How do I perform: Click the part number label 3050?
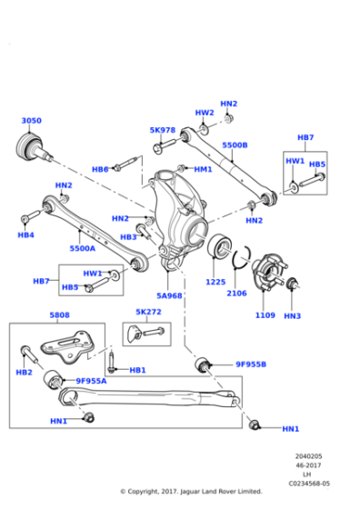pyautogui.click(x=31, y=121)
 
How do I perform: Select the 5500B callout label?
pyautogui.click(x=235, y=145)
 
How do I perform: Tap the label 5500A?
pyautogui.click(x=83, y=247)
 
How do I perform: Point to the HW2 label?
pyautogui.click(x=205, y=113)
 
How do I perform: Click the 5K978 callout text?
pyautogui.click(x=163, y=130)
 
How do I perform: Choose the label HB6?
pyautogui.click(x=100, y=169)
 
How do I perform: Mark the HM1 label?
pyautogui.click(x=203, y=169)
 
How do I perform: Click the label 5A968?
pyautogui.click(x=169, y=295)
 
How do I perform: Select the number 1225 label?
pyautogui.click(x=215, y=282)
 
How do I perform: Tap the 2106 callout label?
pyautogui.click(x=236, y=293)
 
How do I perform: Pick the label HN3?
pyautogui.click(x=292, y=315)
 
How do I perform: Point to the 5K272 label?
pyautogui.click(x=148, y=312)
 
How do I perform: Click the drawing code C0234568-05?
pyautogui.click(x=310, y=484)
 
